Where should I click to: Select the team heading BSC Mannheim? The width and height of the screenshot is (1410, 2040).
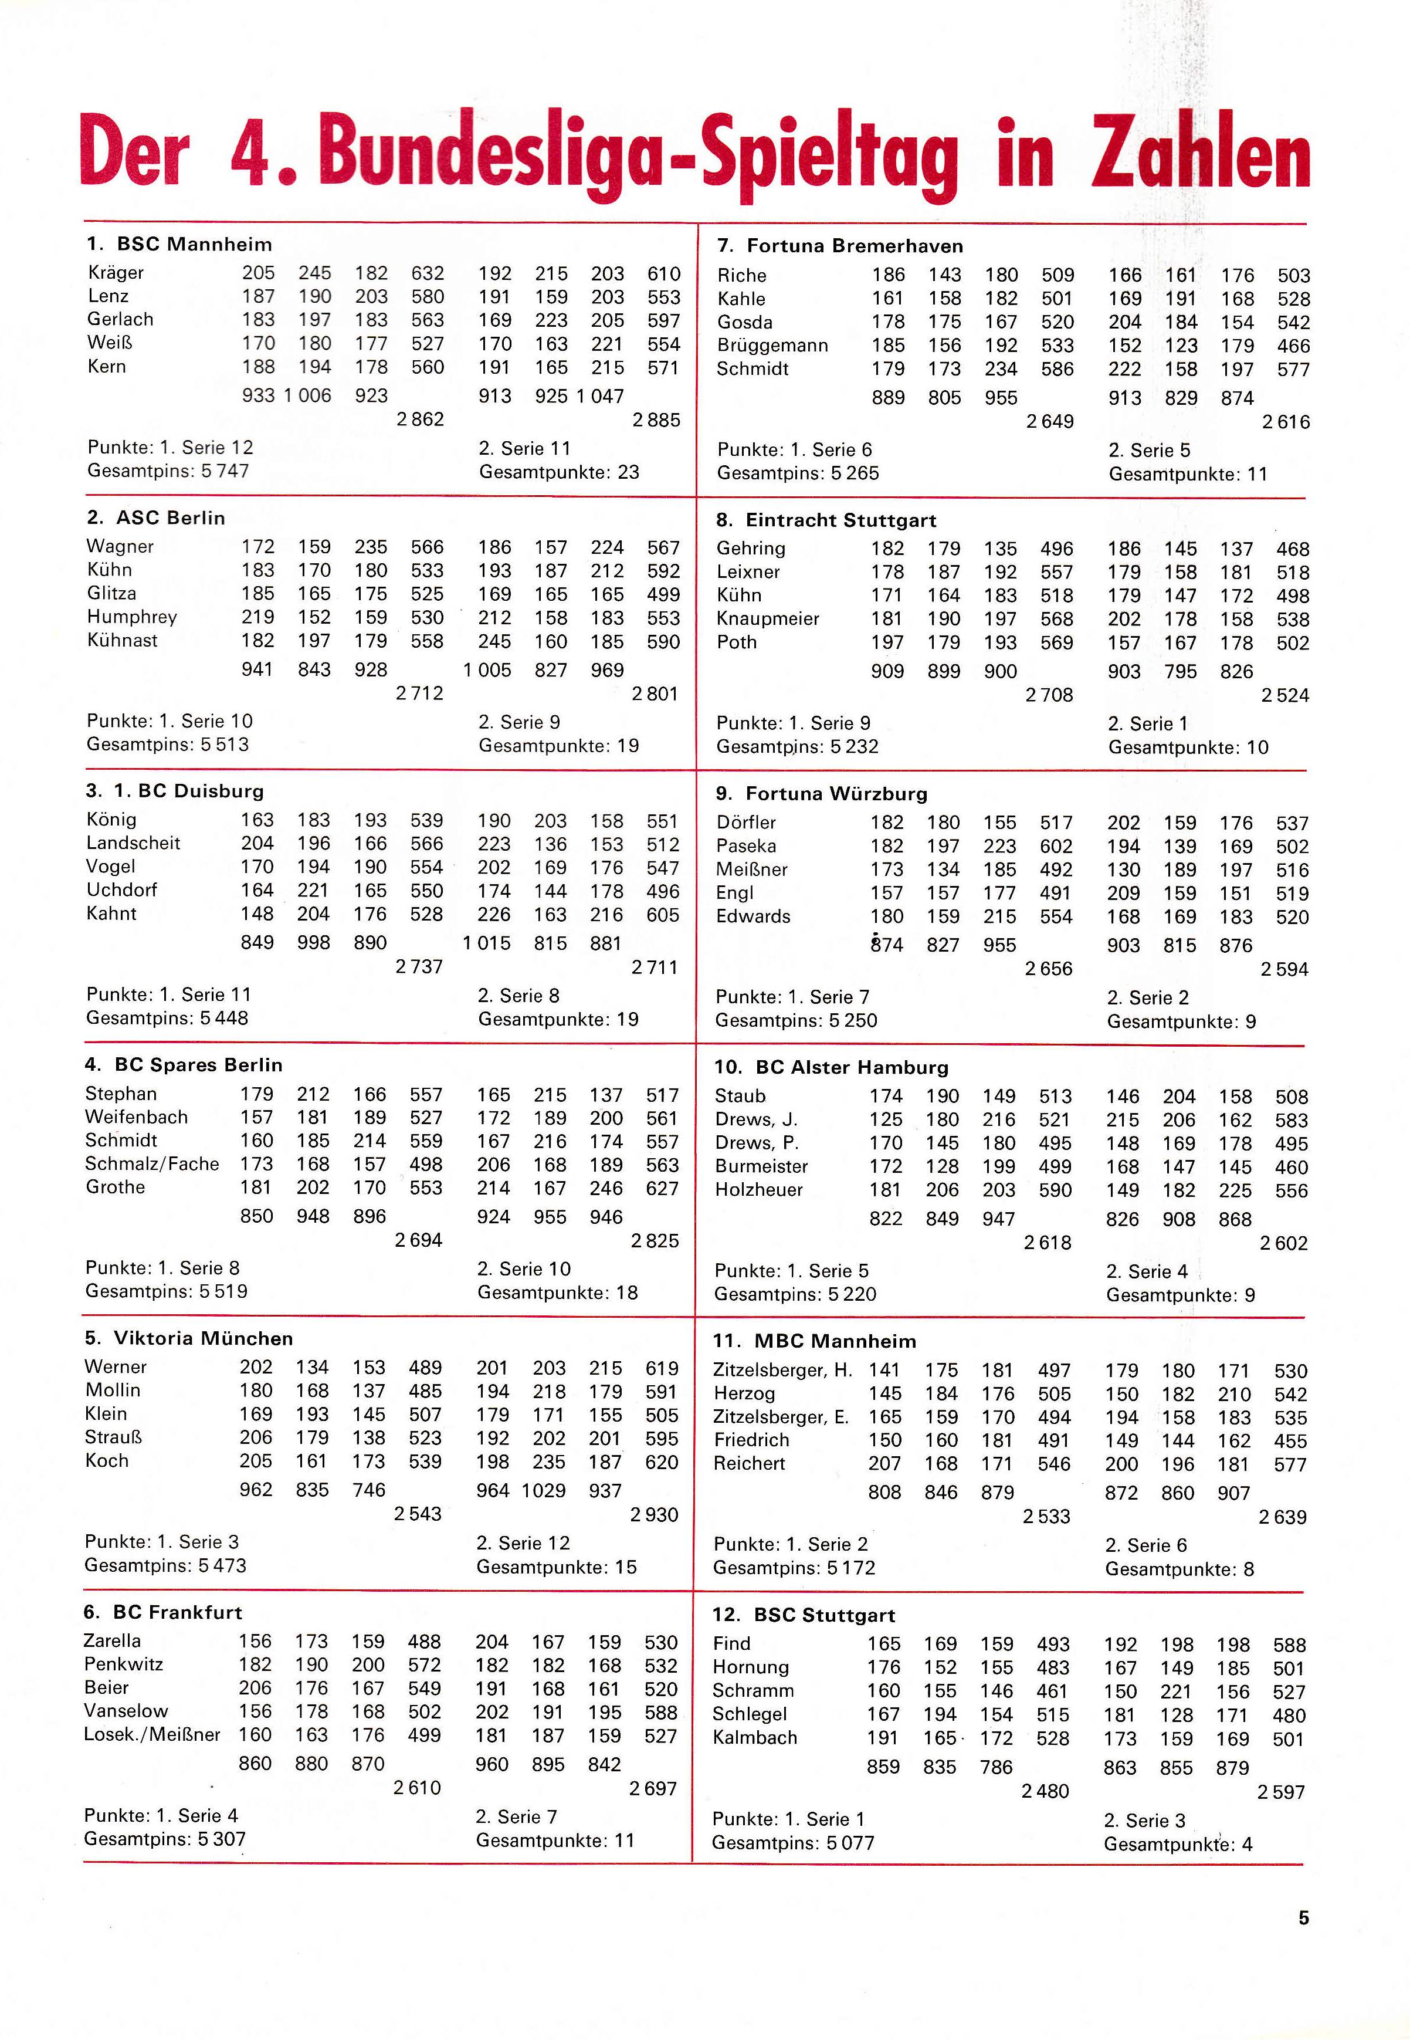[194, 245]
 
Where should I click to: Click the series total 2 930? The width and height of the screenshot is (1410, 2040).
[654, 1514]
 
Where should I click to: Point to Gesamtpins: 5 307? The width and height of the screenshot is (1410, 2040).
[165, 1839]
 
